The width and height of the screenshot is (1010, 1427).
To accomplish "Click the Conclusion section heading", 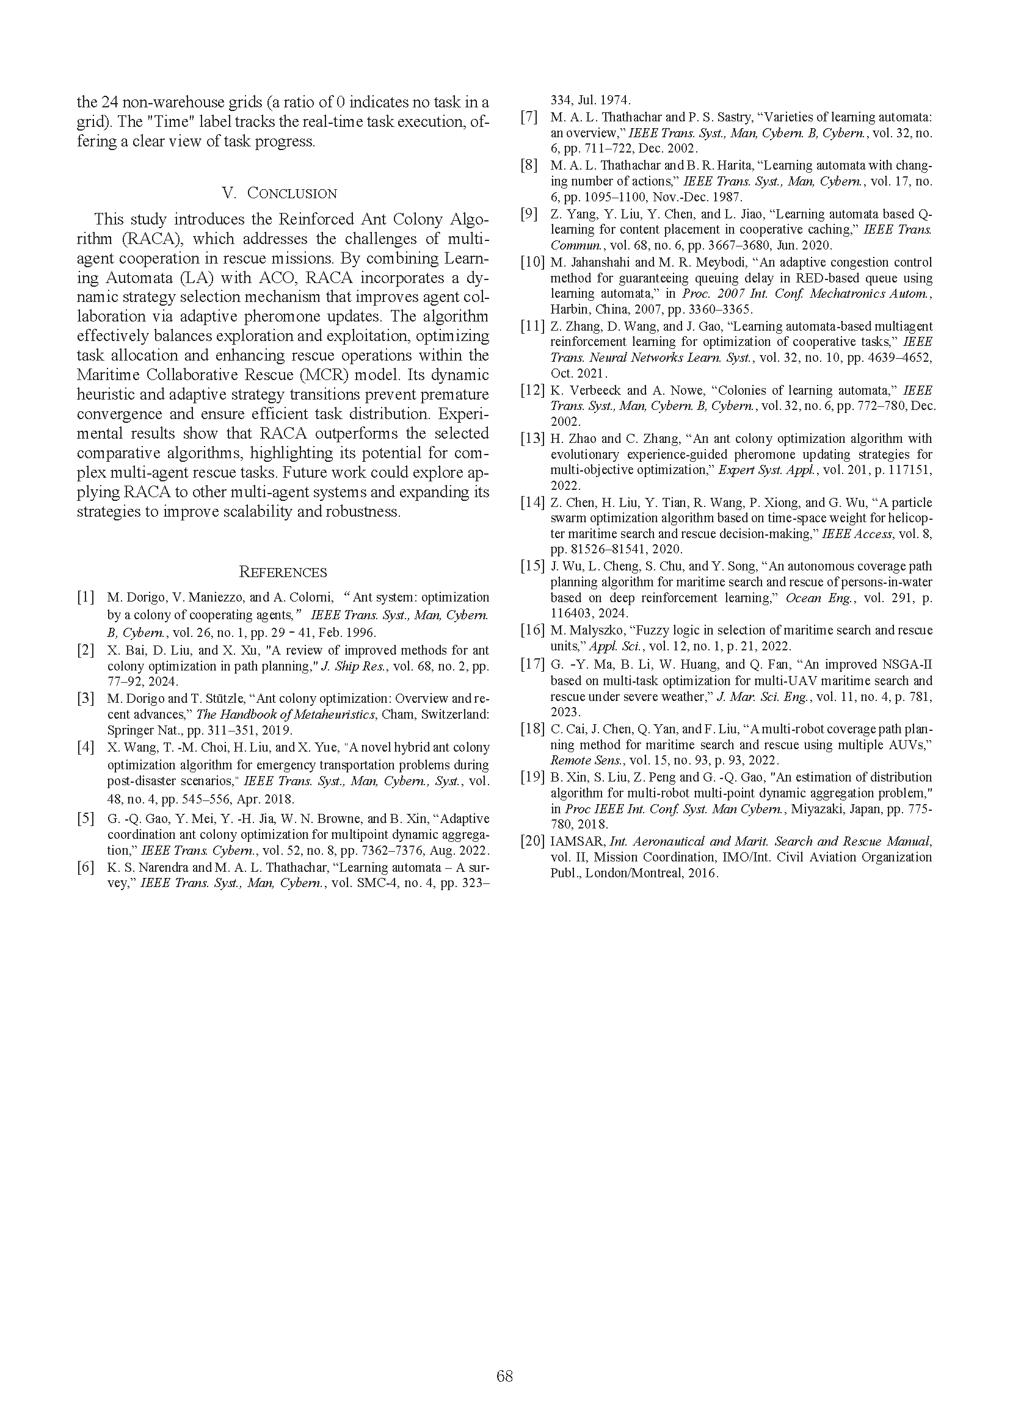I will click(x=279, y=193).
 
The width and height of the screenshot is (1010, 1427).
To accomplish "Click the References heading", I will click(x=283, y=572).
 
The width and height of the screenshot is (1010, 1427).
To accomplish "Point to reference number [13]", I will click(x=532, y=439).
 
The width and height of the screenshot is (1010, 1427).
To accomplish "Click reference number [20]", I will click(x=532, y=841).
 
